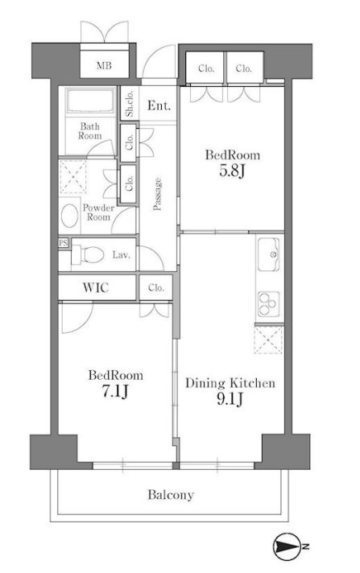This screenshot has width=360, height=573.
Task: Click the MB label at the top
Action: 104,66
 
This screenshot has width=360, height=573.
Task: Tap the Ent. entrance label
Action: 159,105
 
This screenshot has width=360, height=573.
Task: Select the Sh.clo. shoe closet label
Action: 130,104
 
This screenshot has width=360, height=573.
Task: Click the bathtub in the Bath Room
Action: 90,101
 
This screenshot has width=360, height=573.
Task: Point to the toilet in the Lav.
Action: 88,254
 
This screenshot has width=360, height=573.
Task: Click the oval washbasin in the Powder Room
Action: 69,216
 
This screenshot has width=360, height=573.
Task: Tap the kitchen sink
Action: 268,254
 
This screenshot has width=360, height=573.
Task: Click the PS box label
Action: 64,242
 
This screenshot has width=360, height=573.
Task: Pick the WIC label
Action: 96,287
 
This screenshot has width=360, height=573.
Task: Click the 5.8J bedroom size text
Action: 232,171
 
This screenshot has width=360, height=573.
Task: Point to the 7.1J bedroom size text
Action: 115,391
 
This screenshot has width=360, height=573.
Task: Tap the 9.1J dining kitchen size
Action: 230,398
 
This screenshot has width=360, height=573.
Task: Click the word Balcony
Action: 171,495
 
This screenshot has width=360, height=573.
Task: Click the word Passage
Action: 157,194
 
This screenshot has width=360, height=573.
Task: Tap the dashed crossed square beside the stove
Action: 268,340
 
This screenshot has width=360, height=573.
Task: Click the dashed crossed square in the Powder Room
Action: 73,176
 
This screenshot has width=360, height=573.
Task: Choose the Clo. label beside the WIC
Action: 156,287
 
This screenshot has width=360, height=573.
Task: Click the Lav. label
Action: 121,254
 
